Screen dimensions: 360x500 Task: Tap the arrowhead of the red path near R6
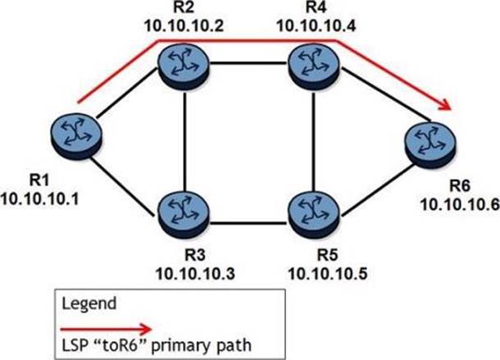pyautogui.click(x=447, y=105)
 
